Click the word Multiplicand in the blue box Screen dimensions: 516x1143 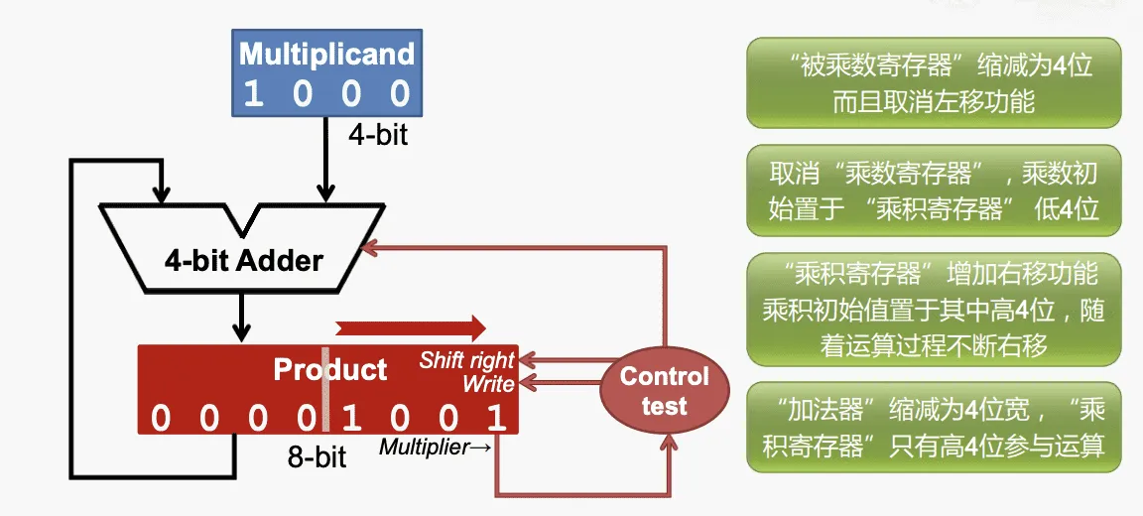tap(326, 54)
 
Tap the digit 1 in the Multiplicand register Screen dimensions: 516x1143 tap(253, 94)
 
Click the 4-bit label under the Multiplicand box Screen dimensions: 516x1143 tap(377, 134)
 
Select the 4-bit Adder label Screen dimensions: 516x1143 tap(244, 261)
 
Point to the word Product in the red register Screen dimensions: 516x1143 tap(330, 370)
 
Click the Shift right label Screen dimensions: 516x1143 tap(466, 359)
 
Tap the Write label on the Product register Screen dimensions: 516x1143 tap(488, 383)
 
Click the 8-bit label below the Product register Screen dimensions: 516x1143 tap(317, 456)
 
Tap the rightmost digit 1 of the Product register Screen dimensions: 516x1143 tap(497, 418)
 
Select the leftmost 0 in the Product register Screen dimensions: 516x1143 tap(160, 418)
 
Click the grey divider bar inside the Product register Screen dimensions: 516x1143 tap(324, 389)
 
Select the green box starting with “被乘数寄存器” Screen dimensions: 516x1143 tap(934, 83)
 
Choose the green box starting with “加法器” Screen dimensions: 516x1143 tap(934, 428)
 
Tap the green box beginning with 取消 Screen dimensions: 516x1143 tap(934, 191)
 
